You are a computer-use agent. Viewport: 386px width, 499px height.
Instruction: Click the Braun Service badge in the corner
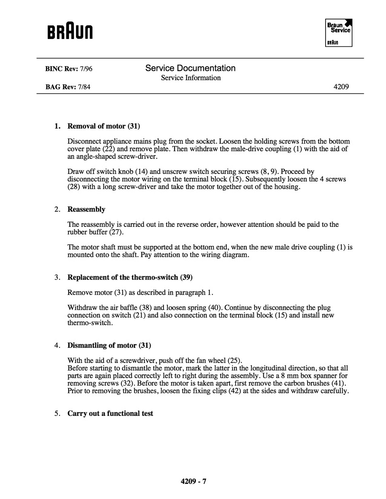click(338, 33)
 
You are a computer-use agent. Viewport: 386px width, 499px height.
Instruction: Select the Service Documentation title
click(190, 68)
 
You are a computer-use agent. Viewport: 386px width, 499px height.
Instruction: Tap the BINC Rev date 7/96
click(86, 69)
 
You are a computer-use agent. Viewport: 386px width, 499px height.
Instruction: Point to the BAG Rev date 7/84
click(84, 87)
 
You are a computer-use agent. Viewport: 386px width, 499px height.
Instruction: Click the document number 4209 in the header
click(341, 87)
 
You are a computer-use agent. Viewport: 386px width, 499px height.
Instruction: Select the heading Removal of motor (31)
click(103, 126)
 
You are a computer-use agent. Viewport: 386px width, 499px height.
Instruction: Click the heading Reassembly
click(86, 209)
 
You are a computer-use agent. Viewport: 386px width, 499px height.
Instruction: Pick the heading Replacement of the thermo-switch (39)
click(130, 277)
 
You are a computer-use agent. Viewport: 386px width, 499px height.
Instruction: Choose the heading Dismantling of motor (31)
click(109, 345)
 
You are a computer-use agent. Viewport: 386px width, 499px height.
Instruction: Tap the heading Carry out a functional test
click(110, 413)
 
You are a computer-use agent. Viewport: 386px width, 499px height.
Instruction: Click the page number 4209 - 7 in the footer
click(193, 481)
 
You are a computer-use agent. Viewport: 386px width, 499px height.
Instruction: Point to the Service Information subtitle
click(191, 78)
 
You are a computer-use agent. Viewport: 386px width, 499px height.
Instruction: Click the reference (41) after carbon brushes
click(338, 383)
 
